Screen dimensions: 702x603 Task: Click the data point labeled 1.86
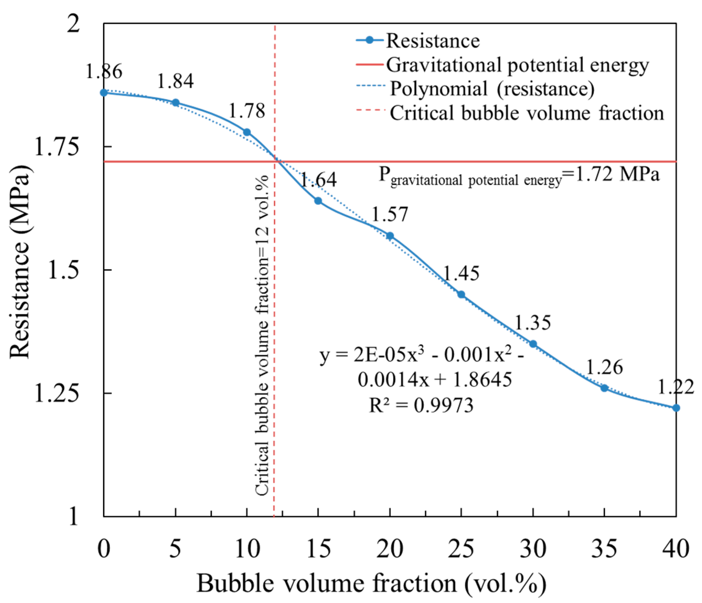tap(104, 93)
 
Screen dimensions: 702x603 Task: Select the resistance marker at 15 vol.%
tap(318, 201)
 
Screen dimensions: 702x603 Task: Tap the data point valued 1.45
tap(461, 294)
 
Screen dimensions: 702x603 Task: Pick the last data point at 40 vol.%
tap(676, 408)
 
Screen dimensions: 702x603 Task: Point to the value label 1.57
tap(390, 215)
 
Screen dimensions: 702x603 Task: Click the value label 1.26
tap(605, 367)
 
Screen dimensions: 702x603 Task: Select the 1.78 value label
tap(247, 111)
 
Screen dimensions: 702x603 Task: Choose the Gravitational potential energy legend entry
tap(502, 65)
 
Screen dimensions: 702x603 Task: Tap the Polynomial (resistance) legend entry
tap(475, 89)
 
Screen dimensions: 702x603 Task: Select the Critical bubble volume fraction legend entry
tap(510, 113)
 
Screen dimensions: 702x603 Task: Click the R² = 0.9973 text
tap(421, 405)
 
